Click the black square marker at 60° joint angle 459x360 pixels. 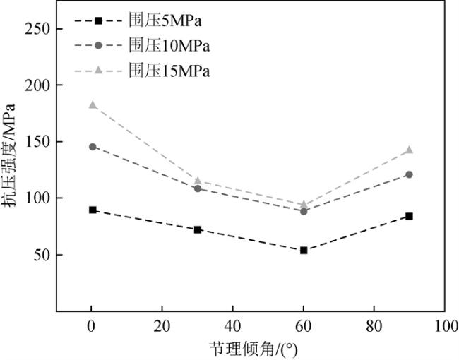click(x=304, y=250)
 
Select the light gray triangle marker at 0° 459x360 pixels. click(x=92, y=104)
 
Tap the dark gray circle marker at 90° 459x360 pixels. click(x=410, y=174)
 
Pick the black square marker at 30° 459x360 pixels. click(x=198, y=229)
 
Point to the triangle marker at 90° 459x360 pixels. click(x=410, y=150)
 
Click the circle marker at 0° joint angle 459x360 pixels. click(x=92, y=147)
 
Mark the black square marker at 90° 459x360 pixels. click(x=410, y=216)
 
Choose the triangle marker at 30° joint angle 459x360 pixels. click(x=198, y=181)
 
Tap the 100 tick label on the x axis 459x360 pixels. click(x=445, y=327)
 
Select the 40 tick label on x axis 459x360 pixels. click(x=233, y=327)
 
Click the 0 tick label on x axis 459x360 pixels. click(x=92, y=327)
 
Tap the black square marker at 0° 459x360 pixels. click(x=92, y=210)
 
